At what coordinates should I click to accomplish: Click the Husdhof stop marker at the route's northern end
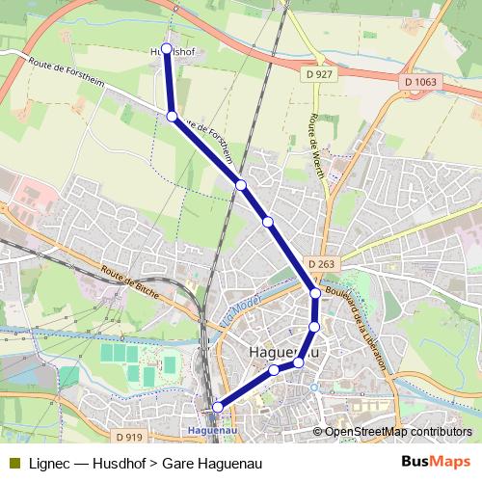pos(167,47)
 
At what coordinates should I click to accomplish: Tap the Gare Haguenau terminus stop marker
pos(218,407)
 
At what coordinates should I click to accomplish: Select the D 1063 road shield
pos(420,82)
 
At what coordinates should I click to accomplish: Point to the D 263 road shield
pos(321,263)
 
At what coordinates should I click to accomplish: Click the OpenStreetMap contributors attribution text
pos(398,432)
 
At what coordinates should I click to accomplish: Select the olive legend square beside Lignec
pos(14,462)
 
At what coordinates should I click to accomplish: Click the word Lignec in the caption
pos(49,462)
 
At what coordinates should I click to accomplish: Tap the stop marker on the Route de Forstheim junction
pos(173,116)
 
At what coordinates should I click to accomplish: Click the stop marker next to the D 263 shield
pos(315,293)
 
